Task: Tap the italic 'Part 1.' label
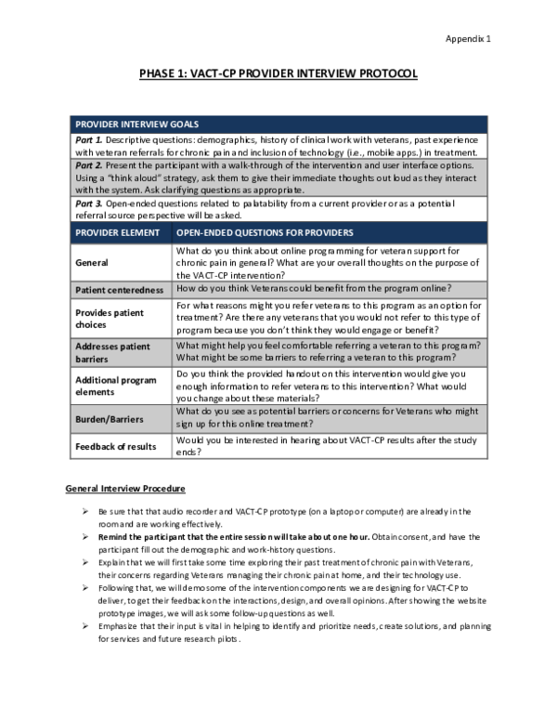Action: pyautogui.click(x=89, y=138)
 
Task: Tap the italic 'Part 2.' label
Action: pyautogui.click(x=89, y=164)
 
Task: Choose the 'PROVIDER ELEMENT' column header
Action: pyautogui.click(x=118, y=232)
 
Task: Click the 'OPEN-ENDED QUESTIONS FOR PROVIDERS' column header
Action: pyautogui.click(x=266, y=232)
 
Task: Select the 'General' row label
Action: pyautogui.click(x=92, y=263)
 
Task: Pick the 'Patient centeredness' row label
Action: pyautogui.click(x=120, y=290)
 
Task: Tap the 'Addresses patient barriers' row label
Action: pyautogui.click(x=112, y=352)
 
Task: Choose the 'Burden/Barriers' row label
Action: pyautogui.click(x=108, y=419)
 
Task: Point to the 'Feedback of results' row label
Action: pyautogui.click(x=116, y=447)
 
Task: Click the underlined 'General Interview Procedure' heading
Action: pyautogui.click(x=125, y=489)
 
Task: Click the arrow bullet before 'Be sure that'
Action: pyautogui.click(x=85, y=512)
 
